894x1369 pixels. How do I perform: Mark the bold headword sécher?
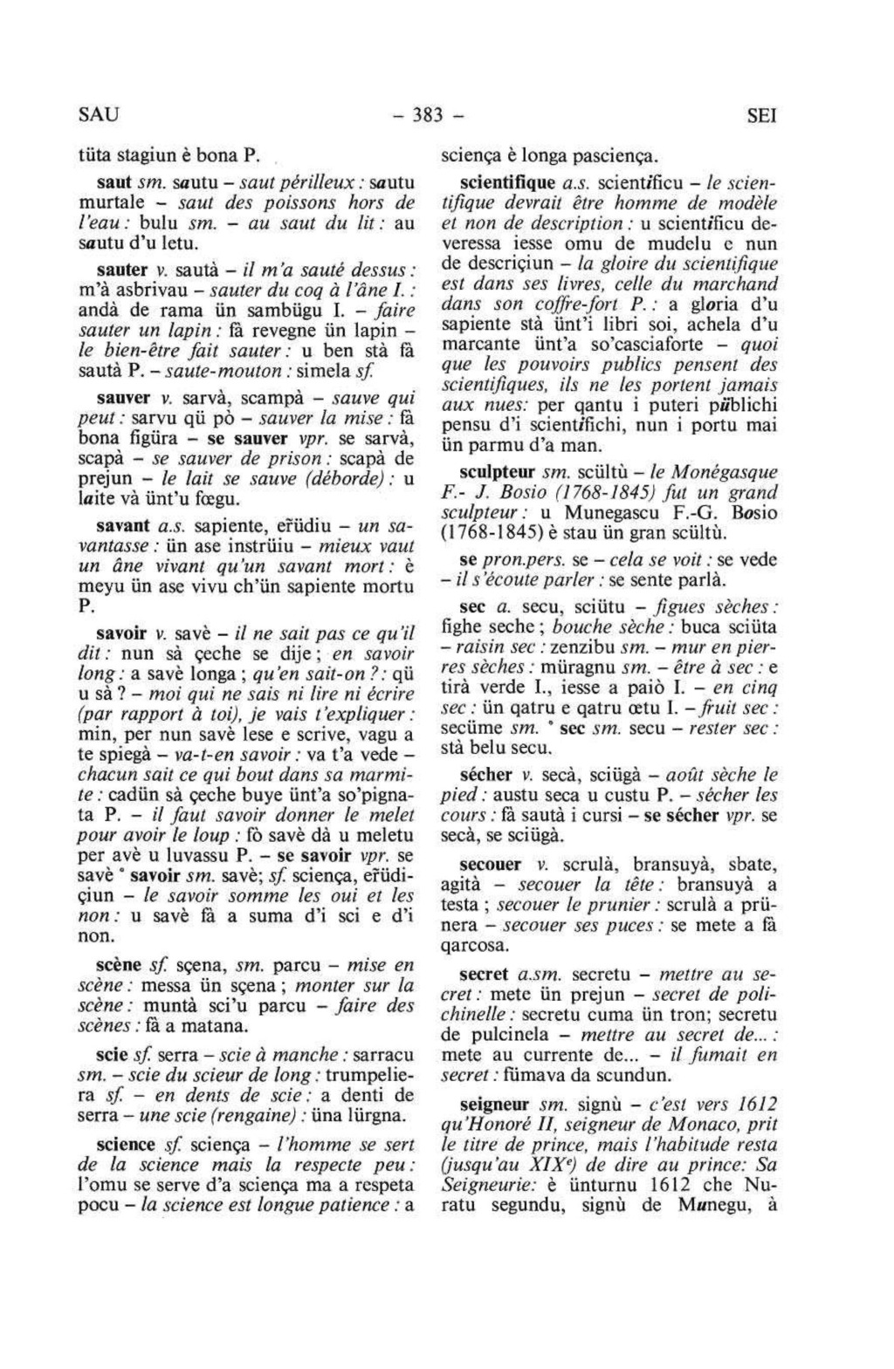(485, 774)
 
